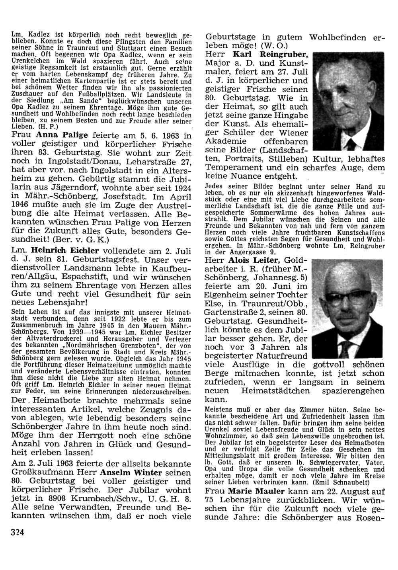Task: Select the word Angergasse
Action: (248, 252)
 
